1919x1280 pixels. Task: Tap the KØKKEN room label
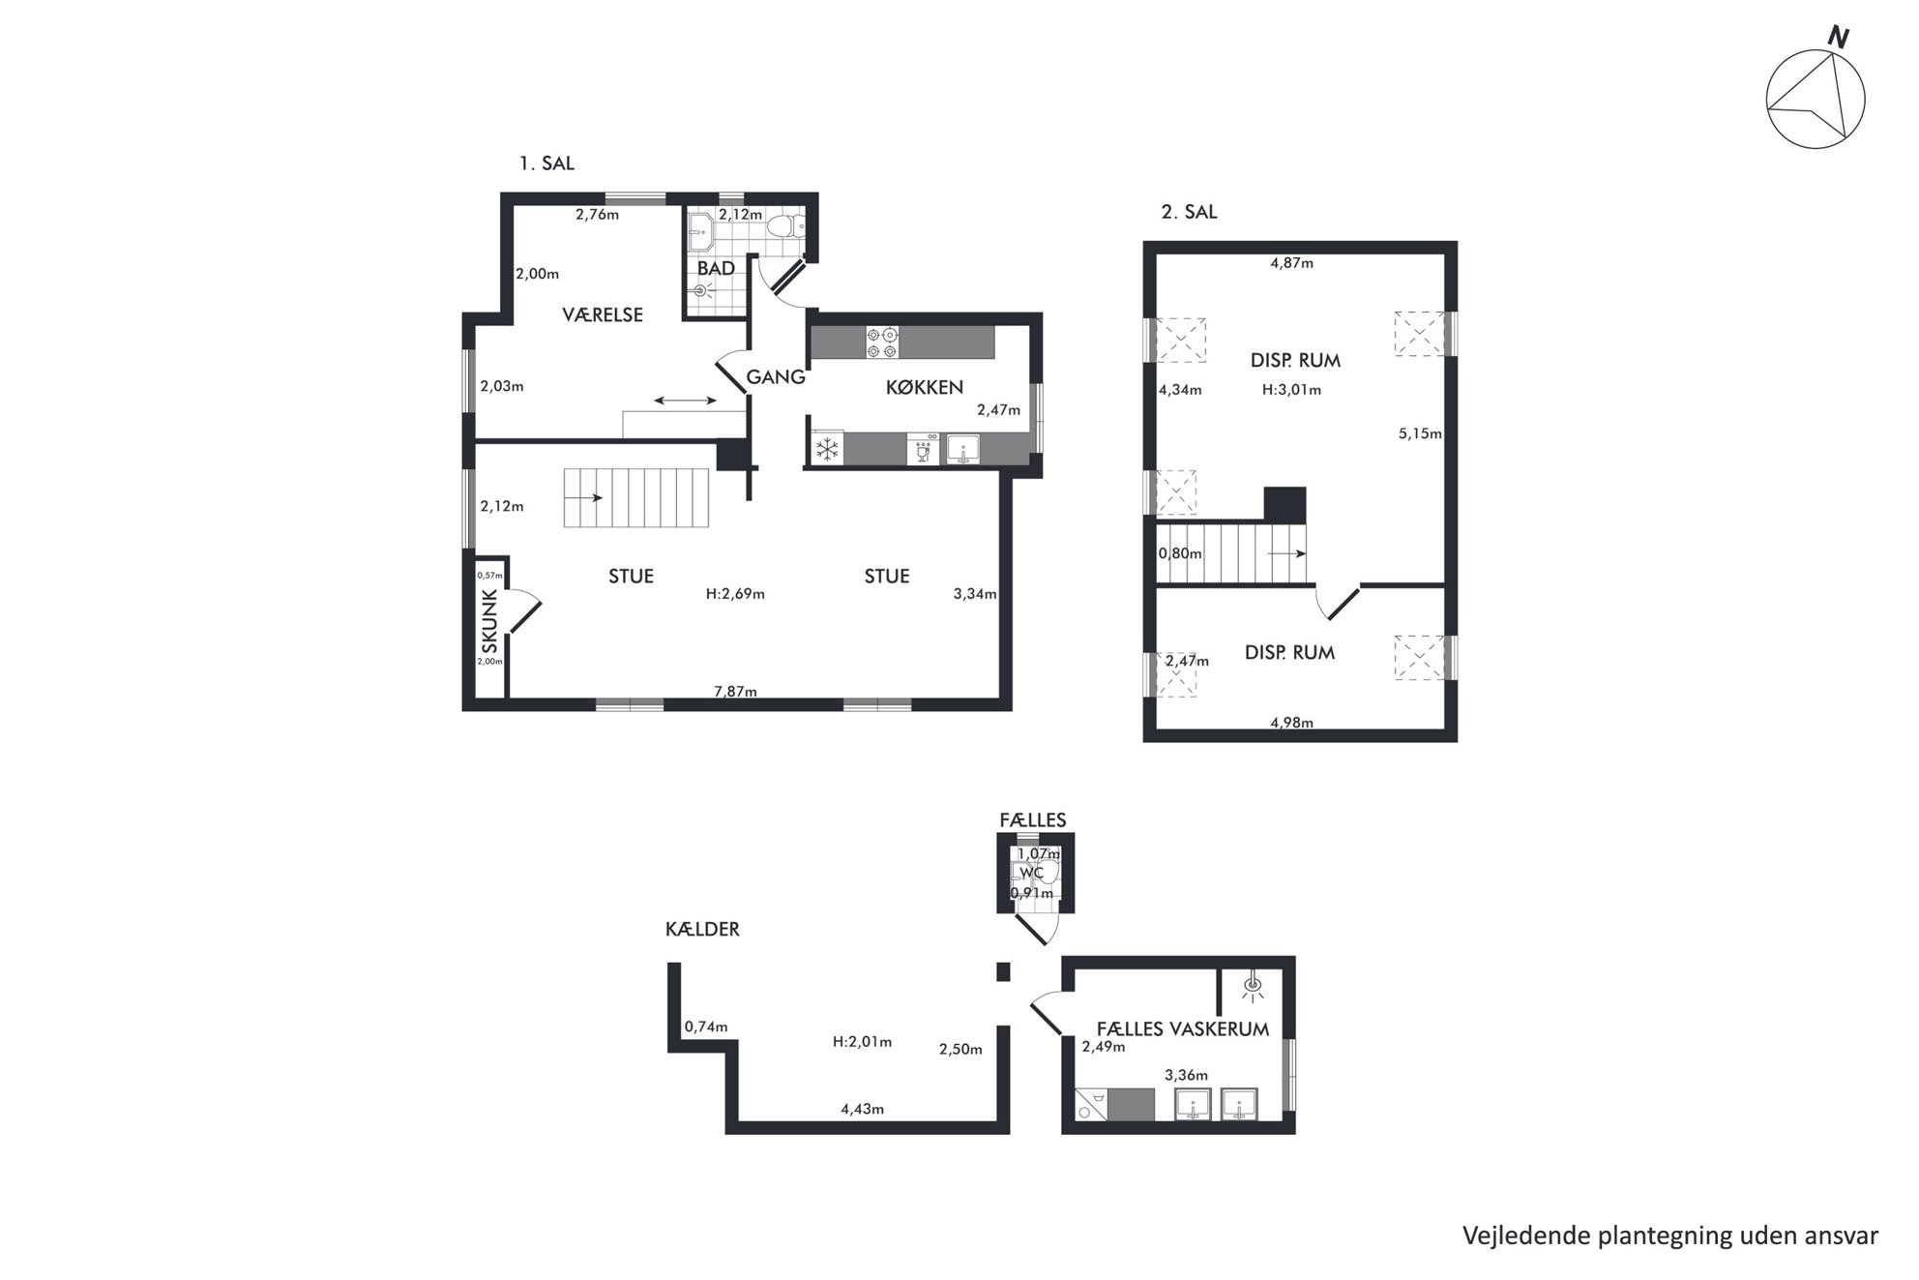(x=925, y=388)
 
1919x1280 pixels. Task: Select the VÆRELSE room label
(x=603, y=314)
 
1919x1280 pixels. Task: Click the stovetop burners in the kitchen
(x=883, y=342)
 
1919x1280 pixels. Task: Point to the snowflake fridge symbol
(x=827, y=449)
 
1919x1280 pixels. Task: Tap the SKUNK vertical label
(x=489, y=621)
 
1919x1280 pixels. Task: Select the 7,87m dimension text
(x=735, y=691)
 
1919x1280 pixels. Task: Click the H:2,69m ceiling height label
(x=735, y=594)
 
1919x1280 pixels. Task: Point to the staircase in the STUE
(x=636, y=497)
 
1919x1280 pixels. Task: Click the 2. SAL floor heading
(x=1189, y=212)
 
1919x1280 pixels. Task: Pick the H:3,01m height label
(x=1291, y=390)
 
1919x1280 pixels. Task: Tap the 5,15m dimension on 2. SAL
(x=1420, y=433)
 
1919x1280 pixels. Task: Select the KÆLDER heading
(x=702, y=929)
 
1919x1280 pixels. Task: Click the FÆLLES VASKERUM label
(x=1182, y=1028)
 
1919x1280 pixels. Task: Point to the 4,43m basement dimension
(x=862, y=1109)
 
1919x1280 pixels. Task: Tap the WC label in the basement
(x=1032, y=873)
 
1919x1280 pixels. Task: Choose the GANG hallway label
(x=776, y=377)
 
